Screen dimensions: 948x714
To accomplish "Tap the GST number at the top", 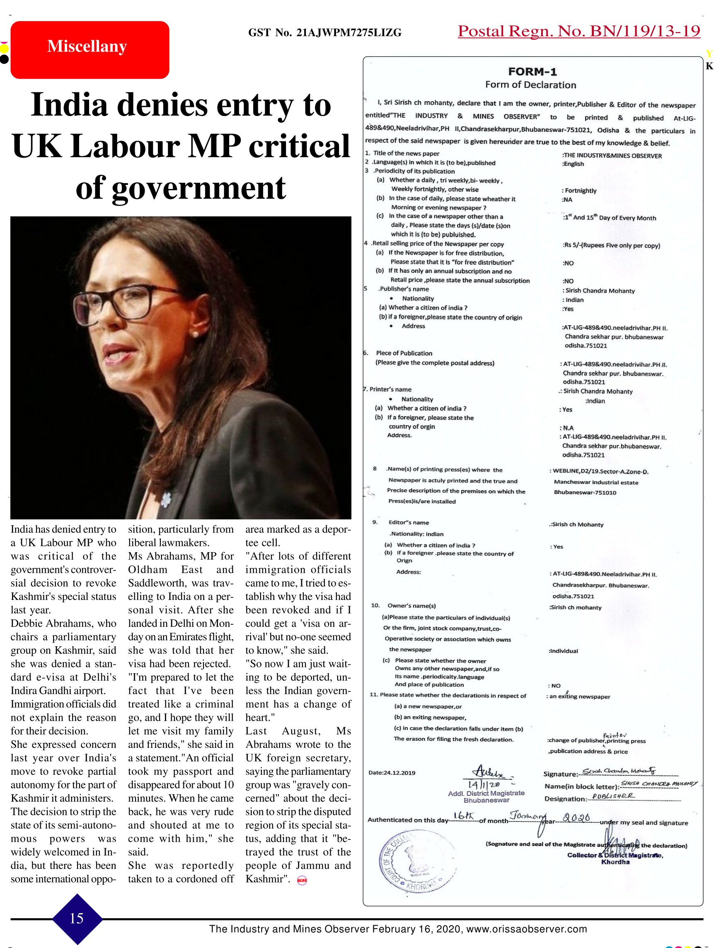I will coord(324,33).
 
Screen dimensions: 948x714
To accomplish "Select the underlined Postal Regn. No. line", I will coord(578,31).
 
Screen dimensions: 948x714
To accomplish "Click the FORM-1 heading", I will coord(532,72).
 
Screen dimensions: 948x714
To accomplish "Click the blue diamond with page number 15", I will coord(77,918).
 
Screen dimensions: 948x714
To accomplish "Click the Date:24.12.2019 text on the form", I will coord(392,773).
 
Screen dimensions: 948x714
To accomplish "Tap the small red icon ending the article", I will coord(302,880).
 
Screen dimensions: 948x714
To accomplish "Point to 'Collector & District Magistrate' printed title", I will coord(615,855).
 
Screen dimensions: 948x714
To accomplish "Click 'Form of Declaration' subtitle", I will coord(530,85).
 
